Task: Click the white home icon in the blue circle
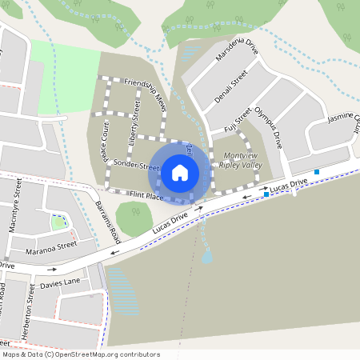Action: pyautogui.click(x=180, y=172)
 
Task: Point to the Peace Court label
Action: pyautogui.click(x=104, y=142)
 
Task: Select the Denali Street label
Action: pyautogui.click(x=232, y=86)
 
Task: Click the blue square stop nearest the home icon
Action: pyautogui.click(x=266, y=194)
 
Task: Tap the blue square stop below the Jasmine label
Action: pyautogui.click(x=317, y=171)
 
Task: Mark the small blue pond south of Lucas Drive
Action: pyautogui.click(x=207, y=258)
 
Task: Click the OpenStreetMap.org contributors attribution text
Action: pyautogui.click(x=104, y=354)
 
